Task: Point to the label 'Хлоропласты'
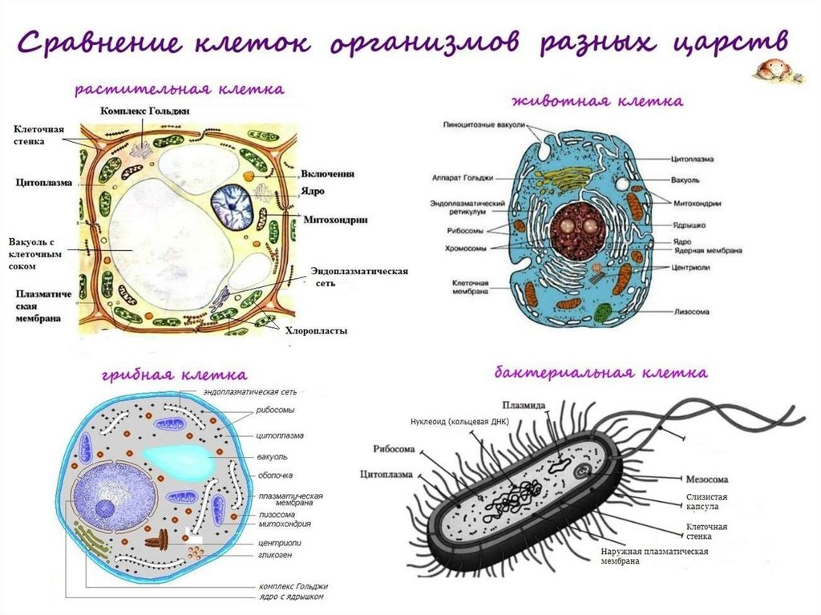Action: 317,330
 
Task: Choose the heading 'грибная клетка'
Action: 174,374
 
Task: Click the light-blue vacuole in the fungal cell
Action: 180,458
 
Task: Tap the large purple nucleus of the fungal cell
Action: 114,491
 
